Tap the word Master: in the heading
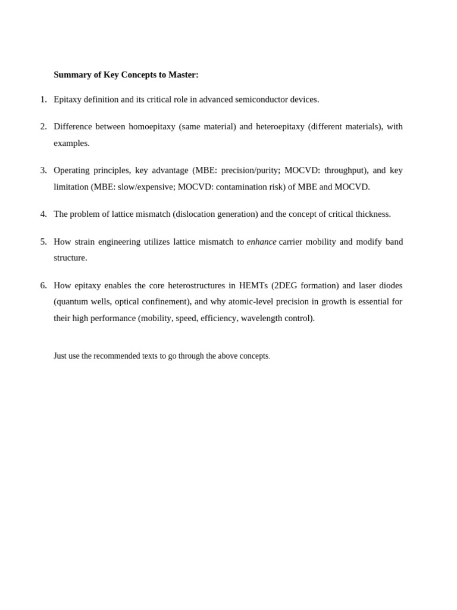click(183, 75)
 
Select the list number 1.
click(43, 99)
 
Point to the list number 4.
click(43, 214)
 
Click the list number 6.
click(43, 285)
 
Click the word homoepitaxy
click(152, 127)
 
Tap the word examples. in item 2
click(71, 144)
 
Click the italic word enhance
click(261, 242)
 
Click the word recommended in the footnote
click(117, 356)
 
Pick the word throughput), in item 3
click(346, 170)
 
